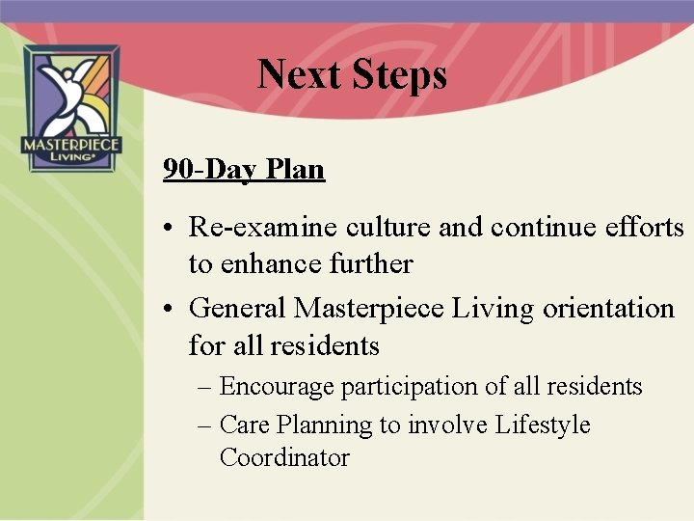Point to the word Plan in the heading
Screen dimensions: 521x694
coord(295,170)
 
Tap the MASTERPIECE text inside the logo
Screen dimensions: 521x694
coord(70,146)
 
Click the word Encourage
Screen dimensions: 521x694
coord(277,387)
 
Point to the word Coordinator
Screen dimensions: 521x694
coord(284,457)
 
